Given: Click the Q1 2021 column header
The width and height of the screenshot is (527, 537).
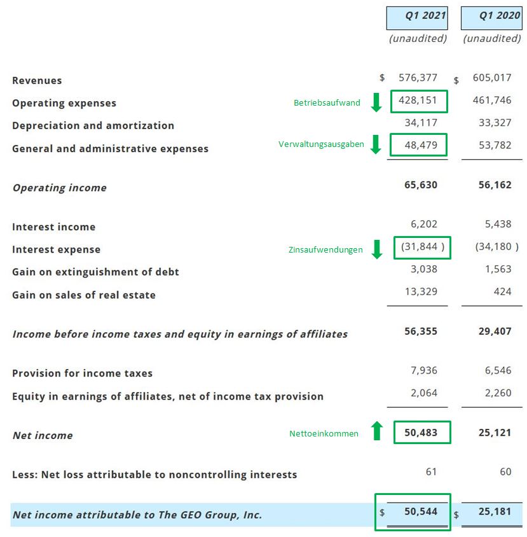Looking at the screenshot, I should pyautogui.click(x=417, y=16).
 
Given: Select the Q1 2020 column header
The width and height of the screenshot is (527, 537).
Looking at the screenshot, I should pyautogui.click(x=491, y=16).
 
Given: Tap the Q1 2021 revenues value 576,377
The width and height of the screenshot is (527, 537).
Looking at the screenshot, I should pyautogui.click(x=418, y=78).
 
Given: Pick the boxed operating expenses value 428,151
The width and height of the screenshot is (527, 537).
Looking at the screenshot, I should pyautogui.click(x=418, y=101).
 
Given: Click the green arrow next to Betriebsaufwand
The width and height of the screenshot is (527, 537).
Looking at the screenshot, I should pyautogui.click(x=376, y=102).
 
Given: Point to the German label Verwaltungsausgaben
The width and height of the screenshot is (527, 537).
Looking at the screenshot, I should pyautogui.click(x=321, y=144).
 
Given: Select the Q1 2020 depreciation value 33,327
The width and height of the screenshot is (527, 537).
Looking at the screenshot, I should pyautogui.click(x=493, y=123).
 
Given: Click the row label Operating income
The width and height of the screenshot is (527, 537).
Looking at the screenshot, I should pyautogui.click(x=60, y=188).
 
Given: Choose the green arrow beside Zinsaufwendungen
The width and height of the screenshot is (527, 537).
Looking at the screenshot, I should pyautogui.click(x=376, y=249).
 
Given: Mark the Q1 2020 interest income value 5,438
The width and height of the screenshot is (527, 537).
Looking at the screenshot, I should pyautogui.click(x=497, y=224).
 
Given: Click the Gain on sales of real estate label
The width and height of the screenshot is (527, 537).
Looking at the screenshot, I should pyautogui.click(x=84, y=295).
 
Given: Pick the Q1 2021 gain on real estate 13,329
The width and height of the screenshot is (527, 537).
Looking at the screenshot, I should pyautogui.click(x=421, y=291).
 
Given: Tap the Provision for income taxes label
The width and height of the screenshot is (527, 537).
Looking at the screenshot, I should pyautogui.click(x=83, y=373).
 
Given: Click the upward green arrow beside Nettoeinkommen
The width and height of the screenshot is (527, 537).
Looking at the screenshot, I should pyautogui.click(x=376, y=432).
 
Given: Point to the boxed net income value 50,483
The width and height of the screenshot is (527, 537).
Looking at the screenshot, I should pyautogui.click(x=421, y=432).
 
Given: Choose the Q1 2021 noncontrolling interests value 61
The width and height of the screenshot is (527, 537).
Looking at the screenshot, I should pyautogui.click(x=432, y=471).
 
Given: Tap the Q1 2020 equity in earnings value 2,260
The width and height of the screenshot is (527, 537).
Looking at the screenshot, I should pyautogui.click(x=497, y=393).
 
